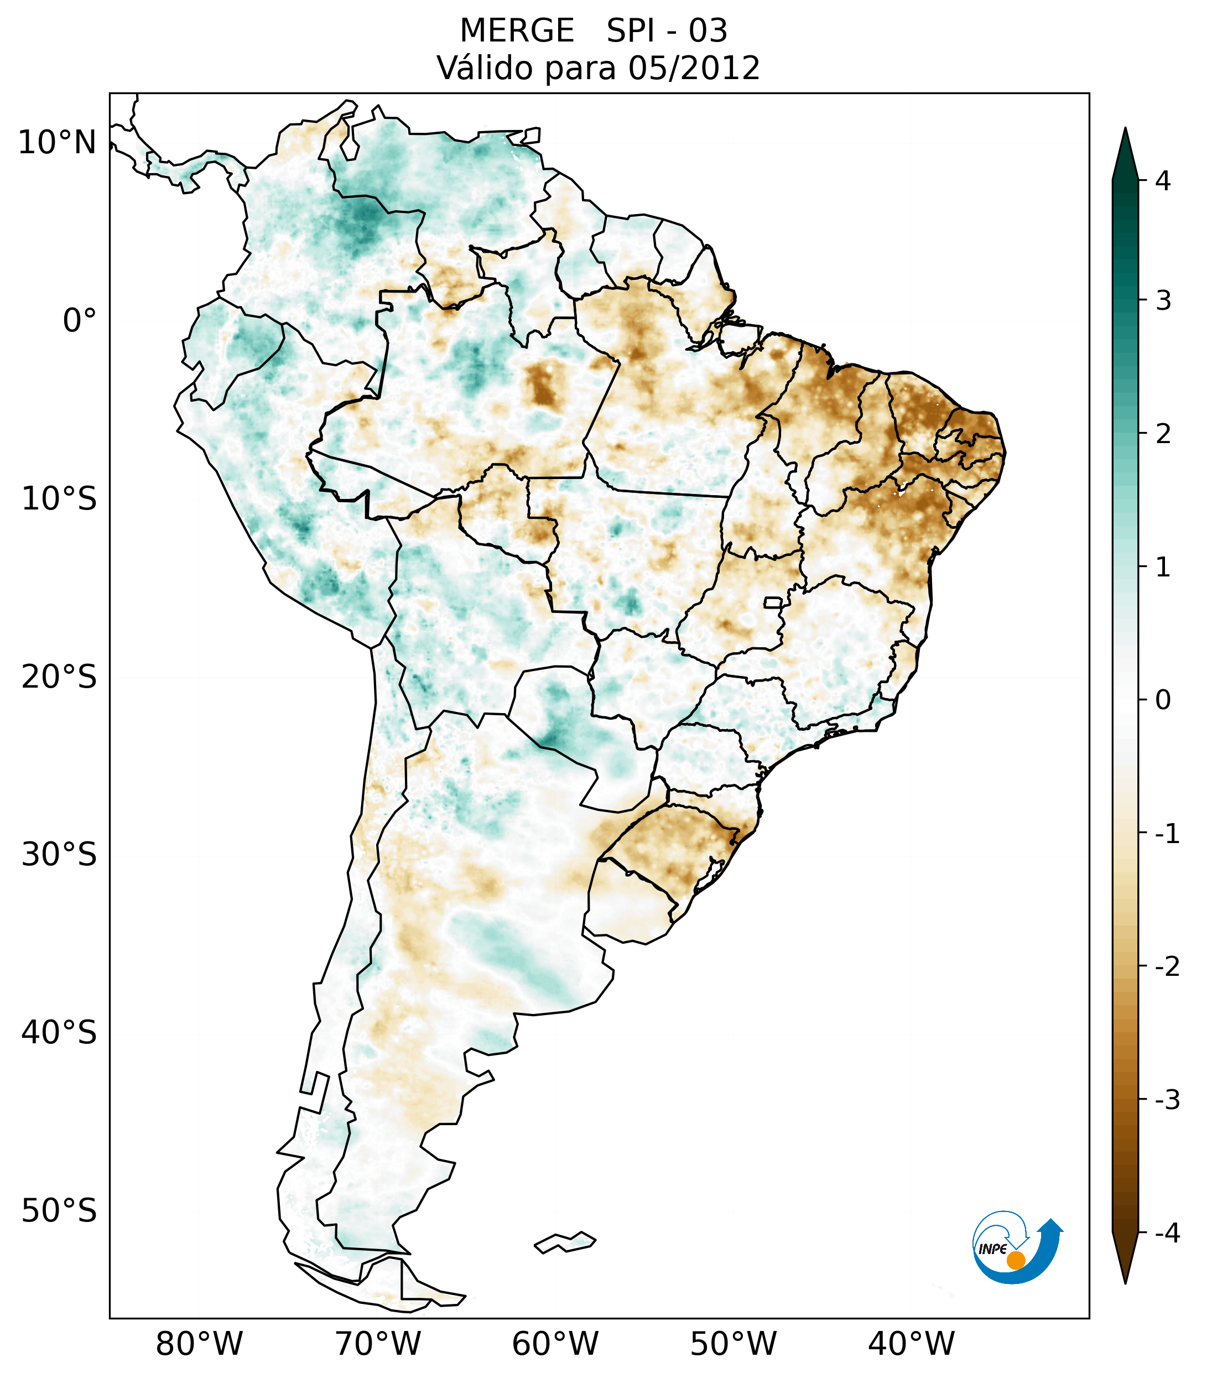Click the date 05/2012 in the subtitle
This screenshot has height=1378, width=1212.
[x=693, y=68]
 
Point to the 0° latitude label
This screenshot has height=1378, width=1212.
[x=80, y=321]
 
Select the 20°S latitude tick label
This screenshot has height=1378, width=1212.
[x=59, y=677]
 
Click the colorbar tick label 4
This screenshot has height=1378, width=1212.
[x=1163, y=181]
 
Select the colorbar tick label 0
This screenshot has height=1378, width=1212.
[x=1163, y=700]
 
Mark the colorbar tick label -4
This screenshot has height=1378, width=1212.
[x=1167, y=1233]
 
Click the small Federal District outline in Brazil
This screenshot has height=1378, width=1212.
[x=772, y=602]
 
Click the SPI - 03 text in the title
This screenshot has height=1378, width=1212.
[x=667, y=31]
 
